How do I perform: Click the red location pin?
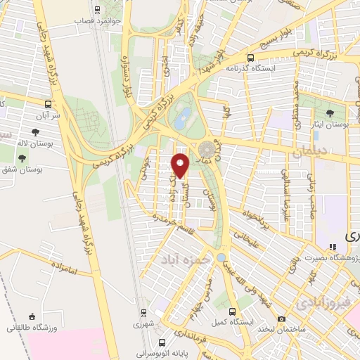[x=181, y=165]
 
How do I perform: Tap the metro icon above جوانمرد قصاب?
[x=97, y=10]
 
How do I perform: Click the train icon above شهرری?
[x=144, y=312]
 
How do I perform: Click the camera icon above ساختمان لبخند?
[x=281, y=319]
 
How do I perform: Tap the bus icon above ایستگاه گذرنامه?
[x=250, y=58]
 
